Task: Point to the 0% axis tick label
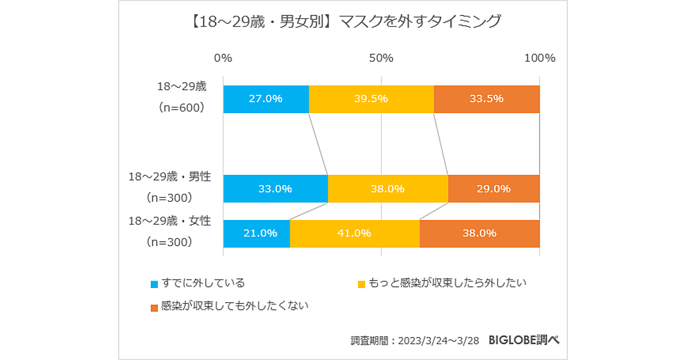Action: tap(223, 58)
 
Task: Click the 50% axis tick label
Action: tap(381, 58)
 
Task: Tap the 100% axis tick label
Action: tap(540, 58)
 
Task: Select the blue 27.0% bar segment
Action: tap(266, 99)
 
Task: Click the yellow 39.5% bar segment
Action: tap(371, 99)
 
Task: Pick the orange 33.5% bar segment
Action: tap(486, 99)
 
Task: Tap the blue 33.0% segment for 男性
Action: tap(275, 189)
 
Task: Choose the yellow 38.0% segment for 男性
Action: tap(388, 189)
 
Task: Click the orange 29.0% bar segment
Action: tap(493, 189)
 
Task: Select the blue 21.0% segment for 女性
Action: tap(256, 233)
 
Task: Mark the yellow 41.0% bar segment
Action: tap(354, 233)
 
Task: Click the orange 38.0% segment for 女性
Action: tap(479, 233)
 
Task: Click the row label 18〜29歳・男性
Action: tap(170, 177)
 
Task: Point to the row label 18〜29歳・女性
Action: tap(170, 221)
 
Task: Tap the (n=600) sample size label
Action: tap(181, 108)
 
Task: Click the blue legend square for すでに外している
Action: tap(154, 284)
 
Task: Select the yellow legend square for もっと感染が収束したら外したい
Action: tap(361, 284)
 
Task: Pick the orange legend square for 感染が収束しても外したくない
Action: tap(154, 307)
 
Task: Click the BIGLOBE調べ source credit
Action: tap(524, 339)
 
